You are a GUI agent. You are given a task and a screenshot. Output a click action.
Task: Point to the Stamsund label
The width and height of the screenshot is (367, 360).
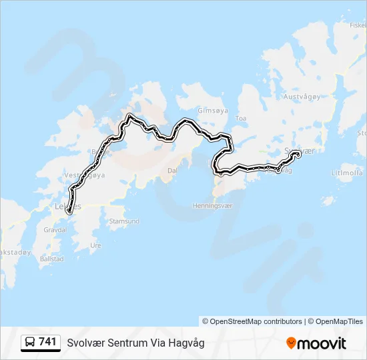124,221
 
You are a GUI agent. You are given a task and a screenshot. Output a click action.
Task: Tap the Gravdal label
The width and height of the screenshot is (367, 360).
55,229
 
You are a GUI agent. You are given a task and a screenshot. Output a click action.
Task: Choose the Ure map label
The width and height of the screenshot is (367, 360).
95,245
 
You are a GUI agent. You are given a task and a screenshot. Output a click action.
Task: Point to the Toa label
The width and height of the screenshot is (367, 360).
241,118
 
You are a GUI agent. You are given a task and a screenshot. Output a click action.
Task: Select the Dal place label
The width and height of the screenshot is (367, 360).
172,171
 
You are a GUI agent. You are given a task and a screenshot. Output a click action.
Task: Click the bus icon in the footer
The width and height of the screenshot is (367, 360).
30,343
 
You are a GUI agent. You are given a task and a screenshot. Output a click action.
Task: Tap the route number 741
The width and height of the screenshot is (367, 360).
47,342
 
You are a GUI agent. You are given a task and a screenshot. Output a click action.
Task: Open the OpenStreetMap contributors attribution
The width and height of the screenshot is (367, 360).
256,321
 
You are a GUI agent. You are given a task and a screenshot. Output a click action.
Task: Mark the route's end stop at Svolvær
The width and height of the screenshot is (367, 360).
297,154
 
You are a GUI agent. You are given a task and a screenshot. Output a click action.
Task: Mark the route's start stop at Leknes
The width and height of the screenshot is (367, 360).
69,211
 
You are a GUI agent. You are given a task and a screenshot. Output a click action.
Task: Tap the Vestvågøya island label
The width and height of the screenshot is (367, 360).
85,175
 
